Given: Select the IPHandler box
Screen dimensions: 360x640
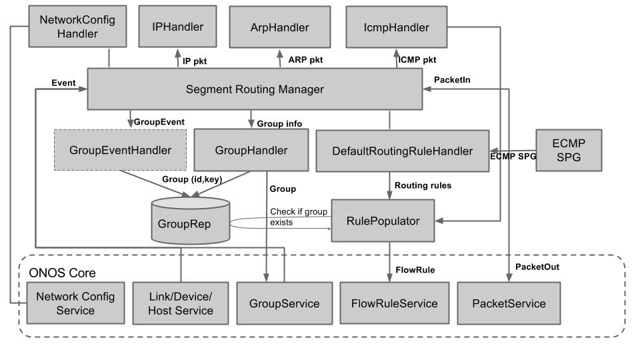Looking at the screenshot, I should pyautogui.click(x=178, y=27).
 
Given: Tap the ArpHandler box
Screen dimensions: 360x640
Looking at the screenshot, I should pyautogui.click(x=279, y=27).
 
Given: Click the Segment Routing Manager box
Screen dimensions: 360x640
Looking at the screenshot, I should pyautogui.click(x=255, y=89).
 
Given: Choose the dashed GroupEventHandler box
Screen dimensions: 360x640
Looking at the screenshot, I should pyautogui.click(x=119, y=150).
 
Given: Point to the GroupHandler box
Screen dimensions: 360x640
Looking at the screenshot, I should pyautogui.click(x=251, y=150).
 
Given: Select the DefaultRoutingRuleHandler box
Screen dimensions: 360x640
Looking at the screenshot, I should pyautogui.click(x=402, y=151).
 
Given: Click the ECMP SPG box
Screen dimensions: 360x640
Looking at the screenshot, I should pyautogui.click(x=568, y=150).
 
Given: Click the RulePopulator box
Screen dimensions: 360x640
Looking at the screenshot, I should pyautogui.click(x=384, y=221).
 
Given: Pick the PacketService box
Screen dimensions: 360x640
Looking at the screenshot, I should pyautogui.click(x=509, y=303).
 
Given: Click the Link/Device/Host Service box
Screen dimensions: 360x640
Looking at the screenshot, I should pyautogui.click(x=181, y=303).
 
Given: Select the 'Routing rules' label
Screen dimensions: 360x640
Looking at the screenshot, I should pyautogui.click(x=423, y=185).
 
